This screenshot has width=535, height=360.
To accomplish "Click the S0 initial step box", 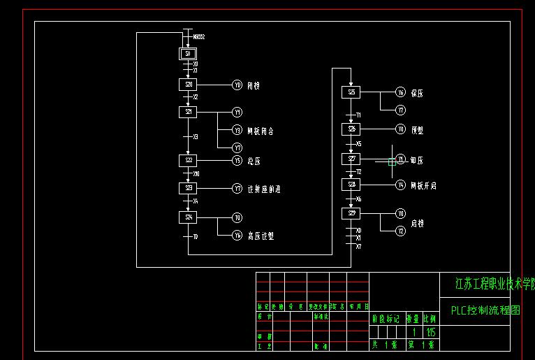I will click(188, 54).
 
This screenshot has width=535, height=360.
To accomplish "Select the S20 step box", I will click(188, 85).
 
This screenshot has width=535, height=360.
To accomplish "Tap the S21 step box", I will click(188, 112).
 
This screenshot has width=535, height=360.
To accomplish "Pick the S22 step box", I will click(188, 160).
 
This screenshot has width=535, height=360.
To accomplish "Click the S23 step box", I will click(188, 188).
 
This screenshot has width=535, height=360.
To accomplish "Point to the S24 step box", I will click(188, 217).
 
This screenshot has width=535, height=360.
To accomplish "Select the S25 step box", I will click(351, 92).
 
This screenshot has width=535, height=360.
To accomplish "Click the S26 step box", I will click(351, 129).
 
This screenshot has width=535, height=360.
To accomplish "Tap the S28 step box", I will click(351, 185).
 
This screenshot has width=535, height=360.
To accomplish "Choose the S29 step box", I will click(351, 213).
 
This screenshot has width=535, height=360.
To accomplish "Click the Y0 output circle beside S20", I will click(237, 85).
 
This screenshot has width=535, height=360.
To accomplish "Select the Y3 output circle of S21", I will click(237, 130).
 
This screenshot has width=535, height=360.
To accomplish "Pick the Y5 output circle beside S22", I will click(237, 160).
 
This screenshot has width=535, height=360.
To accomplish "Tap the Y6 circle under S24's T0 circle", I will click(237, 236).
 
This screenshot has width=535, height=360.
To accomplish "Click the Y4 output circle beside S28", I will click(400, 185).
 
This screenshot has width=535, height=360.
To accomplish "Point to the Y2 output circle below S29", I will click(400, 231).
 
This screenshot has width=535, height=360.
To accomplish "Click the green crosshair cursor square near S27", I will click(391, 162).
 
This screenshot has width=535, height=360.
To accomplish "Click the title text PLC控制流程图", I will click(485, 310).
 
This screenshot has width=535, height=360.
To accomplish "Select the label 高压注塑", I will click(261, 236).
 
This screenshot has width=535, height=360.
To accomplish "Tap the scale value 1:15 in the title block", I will click(430, 332).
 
